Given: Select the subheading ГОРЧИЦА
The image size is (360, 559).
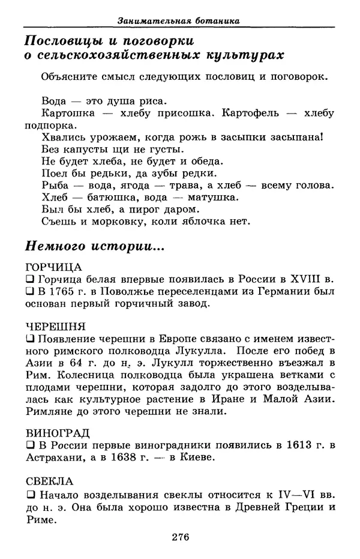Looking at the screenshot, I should (53, 267).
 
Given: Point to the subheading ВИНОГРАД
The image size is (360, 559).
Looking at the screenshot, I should (58, 432).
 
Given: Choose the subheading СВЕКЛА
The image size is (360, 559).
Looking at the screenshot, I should (50, 480).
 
